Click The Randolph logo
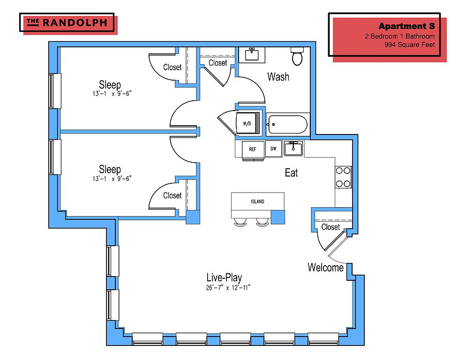[x=68, y=22]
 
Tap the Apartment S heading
[x=406, y=26]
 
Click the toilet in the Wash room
[x=297, y=56]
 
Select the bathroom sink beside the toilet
[x=252, y=54]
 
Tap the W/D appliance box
[x=247, y=124]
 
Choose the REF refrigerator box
[x=252, y=150]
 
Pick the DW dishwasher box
[x=273, y=149]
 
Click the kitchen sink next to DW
[x=293, y=149]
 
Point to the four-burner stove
[x=344, y=177]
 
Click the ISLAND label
[x=257, y=202]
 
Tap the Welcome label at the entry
[x=325, y=268]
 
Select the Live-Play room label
[x=224, y=277]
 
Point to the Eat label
[x=291, y=173]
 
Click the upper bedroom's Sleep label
[x=110, y=85]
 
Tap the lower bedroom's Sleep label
[x=110, y=169]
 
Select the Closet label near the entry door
[x=331, y=227]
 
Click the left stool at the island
[x=240, y=222]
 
